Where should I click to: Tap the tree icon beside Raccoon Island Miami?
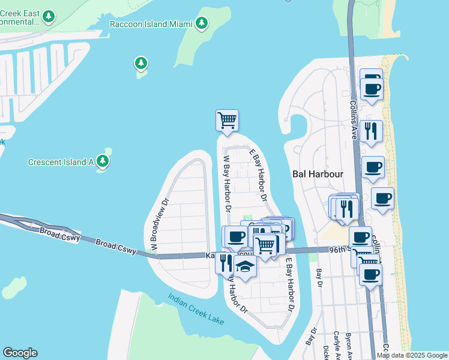(202, 24)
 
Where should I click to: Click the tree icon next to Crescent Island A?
(103, 161)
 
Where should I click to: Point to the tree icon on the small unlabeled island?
(140, 63)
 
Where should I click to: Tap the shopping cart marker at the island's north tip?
(227, 120)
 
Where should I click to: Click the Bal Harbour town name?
(317, 174)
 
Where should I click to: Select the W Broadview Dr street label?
(157, 224)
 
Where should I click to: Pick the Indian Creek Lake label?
(196, 309)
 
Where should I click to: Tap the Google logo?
(20, 353)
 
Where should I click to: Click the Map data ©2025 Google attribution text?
(412, 355)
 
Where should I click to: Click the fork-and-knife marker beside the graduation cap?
(226, 262)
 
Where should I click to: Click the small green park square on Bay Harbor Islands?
(247, 218)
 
